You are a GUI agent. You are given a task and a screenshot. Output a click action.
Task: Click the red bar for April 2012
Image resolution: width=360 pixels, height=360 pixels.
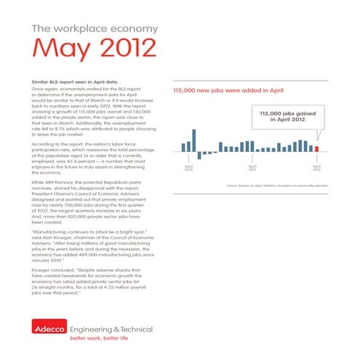point(316,149)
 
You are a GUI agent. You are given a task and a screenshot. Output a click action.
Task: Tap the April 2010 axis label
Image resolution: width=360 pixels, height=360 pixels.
point(189,168)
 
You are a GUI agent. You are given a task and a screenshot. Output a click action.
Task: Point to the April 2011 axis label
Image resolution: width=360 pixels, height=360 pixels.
point(252,168)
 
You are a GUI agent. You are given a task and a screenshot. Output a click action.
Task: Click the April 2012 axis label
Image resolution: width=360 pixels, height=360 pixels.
point(316,168)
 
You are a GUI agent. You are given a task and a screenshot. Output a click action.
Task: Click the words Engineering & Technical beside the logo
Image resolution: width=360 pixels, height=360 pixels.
point(107,328)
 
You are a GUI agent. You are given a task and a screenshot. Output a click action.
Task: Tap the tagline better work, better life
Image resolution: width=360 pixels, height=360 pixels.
point(98,339)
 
